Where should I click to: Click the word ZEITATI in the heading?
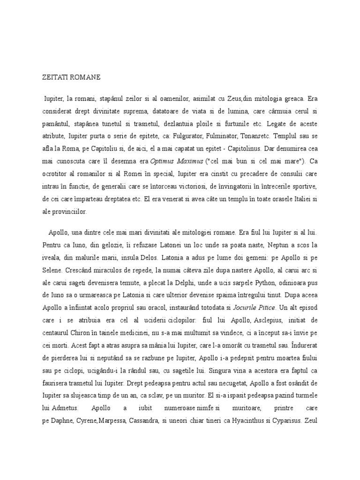pos(52,76)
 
